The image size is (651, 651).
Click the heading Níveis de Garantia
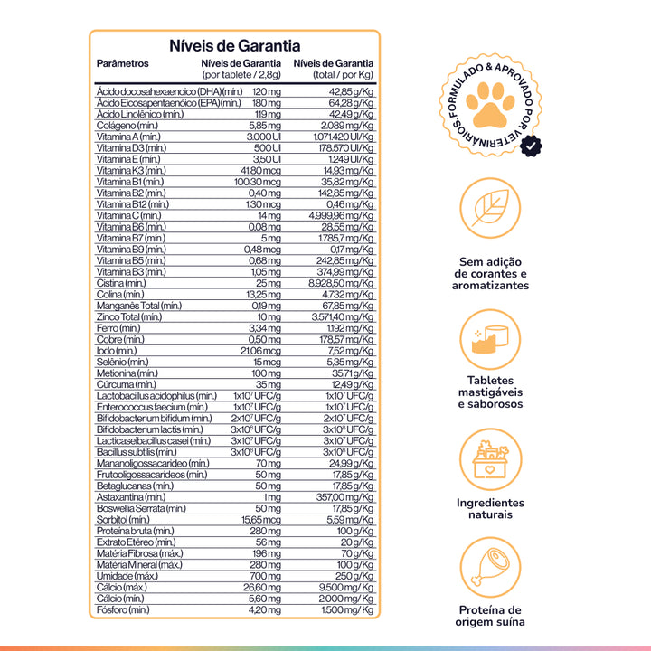[x=234, y=46]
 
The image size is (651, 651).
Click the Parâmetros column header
[x=122, y=64]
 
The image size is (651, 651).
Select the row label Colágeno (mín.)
[x=127, y=126]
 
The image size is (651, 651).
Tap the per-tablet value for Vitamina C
[x=269, y=215]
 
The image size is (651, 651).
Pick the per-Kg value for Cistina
[x=342, y=283]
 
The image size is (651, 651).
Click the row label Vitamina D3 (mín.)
[x=131, y=147]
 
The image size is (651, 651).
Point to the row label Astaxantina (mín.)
[x=131, y=496]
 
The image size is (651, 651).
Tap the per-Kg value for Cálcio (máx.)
[x=344, y=587]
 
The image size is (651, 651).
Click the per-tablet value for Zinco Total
[x=269, y=316]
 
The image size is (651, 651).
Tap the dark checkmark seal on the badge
[x=533, y=143]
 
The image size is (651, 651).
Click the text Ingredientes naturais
[x=489, y=508]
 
